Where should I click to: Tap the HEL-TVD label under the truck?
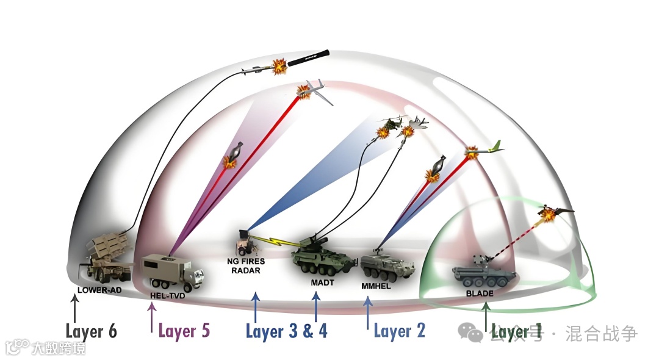pyautogui.click(x=167, y=296)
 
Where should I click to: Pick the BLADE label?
pyautogui.click(x=480, y=293)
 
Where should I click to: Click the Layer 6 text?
pyautogui.click(x=91, y=332)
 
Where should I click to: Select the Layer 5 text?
pyautogui.click(x=184, y=331)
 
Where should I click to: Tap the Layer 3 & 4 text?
pyautogui.click(x=286, y=331)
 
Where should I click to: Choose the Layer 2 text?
pyautogui.click(x=399, y=331)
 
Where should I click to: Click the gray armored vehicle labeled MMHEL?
pyautogui.click(x=386, y=264)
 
